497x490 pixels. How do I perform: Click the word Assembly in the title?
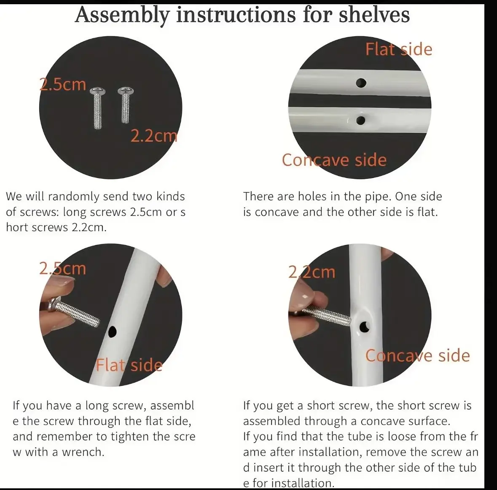(122, 15)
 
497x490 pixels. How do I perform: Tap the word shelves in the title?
(374, 15)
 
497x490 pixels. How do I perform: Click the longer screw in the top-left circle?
(98, 108)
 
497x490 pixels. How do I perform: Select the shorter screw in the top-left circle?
(126, 104)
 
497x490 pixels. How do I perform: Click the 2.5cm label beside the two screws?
(63, 84)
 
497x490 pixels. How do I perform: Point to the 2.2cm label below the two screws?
(154, 136)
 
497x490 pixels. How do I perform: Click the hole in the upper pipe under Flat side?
(361, 83)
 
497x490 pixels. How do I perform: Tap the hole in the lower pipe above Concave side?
(361, 121)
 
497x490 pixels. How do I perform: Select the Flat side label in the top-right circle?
(399, 49)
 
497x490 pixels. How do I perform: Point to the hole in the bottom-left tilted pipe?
(113, 332)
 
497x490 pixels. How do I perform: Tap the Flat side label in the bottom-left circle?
(129, 365)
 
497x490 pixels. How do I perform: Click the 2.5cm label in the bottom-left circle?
(62, 269)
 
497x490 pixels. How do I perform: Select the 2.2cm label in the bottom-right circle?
(312, 272)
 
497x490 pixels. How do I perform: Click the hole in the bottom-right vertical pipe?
(365, 326)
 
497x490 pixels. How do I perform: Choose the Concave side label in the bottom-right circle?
(417, 355)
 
